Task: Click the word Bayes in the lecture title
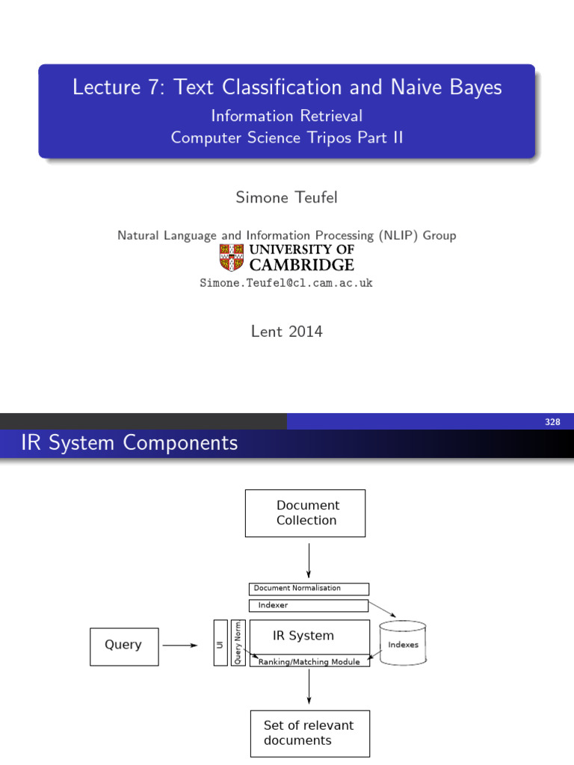473,87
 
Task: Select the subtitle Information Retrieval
286,116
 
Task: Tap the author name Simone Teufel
286,197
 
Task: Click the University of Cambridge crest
232,258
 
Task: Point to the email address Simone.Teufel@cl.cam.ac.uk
286,283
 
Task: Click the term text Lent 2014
286,332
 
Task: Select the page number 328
552,422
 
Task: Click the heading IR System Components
130,443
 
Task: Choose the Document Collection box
305,513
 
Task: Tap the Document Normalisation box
308,589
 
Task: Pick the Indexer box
308,605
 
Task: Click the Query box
124,645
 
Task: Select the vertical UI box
220,642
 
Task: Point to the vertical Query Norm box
238,642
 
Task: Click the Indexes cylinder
403,644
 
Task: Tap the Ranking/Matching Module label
309,662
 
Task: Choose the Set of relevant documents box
309,733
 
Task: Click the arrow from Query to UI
181,645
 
